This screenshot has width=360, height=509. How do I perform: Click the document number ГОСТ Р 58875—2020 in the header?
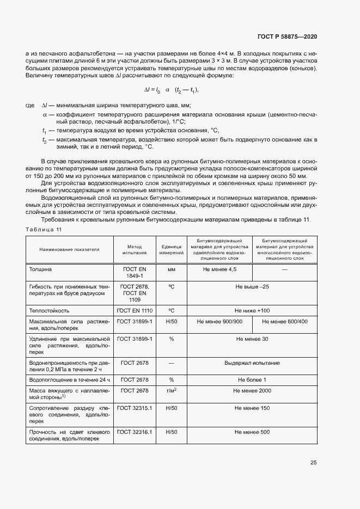(x=287, y=36)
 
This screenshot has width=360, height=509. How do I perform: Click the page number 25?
(x=313, y=463)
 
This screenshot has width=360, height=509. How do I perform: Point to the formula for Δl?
(x=171, y=90)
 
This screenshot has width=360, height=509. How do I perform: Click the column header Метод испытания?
(x=131, y=249)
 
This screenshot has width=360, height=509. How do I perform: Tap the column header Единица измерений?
(x=171, y=249)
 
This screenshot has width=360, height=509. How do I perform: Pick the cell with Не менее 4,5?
(x=219, y=269)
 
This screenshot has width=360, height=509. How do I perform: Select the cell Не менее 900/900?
(x=219, y=322)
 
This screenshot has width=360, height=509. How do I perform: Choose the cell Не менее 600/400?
(x=285, y=322)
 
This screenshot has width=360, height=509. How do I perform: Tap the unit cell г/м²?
(x=171, y=391)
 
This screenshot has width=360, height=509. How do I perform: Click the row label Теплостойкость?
(x=49, y=310)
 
